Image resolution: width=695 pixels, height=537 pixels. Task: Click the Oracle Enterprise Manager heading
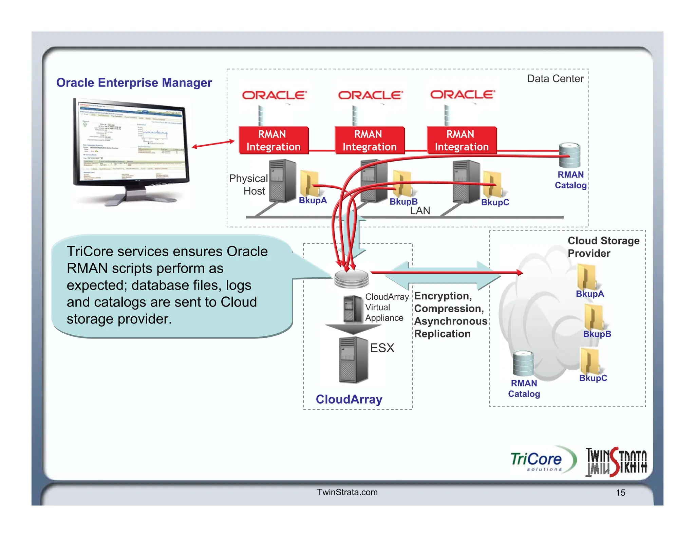click(134, 82)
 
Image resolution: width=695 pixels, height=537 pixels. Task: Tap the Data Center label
click(555, 79)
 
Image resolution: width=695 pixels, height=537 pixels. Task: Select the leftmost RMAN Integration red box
click(274, 141)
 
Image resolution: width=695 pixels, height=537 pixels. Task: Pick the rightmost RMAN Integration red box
click(462, 141)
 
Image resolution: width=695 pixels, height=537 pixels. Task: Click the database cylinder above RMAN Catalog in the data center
click(569, 155)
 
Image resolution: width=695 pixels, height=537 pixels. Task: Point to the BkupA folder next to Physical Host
click(309, 184)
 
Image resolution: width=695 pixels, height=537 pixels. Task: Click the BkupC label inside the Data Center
click(495, 202)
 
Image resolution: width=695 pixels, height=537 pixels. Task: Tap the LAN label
click(420, 211)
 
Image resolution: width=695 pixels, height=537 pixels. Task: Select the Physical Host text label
click(249, 185)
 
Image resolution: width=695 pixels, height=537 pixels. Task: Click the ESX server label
click(382, 348)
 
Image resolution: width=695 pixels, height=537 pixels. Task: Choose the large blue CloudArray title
click(349, 399)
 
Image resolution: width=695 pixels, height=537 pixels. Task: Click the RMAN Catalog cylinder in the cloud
click(523, 364)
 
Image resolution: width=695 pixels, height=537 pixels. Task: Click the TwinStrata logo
click(616, 462)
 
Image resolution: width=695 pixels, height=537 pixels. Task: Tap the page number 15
click(620, 493)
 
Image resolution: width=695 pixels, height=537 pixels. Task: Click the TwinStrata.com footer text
click(347, 492)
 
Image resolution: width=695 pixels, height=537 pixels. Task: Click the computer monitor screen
click(131, 143)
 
